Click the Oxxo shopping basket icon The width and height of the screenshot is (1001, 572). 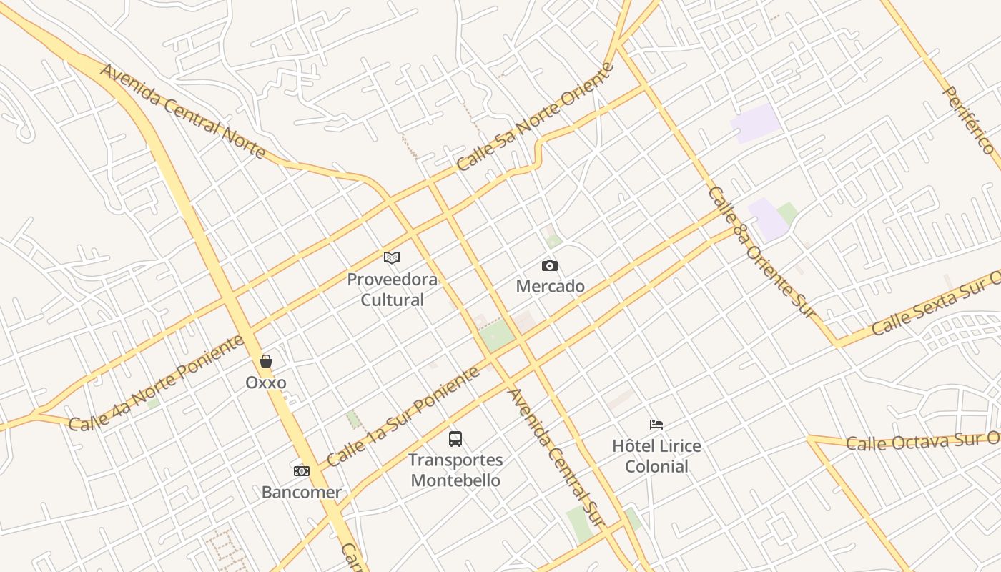pyautogui.click(x=266, y=361)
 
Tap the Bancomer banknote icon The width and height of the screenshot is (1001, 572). pyautogui.click(x=302, y=470)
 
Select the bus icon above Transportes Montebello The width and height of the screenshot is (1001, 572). pyautogui.click(x=455, y=438)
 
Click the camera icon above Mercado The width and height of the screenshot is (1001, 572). pyautogui.click(x=549, y=266)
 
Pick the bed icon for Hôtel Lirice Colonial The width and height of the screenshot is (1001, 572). pyautogui.click(x=656, y=425)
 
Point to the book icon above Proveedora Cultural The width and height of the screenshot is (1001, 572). pyautogui.click(x=392, y=257)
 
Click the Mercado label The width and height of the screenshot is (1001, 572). pyautogui.click(x=551, y=287)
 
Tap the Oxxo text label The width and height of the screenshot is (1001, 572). pyautogui.click(x=266, y=383)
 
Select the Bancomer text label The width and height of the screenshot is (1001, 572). pyautogui.click(x=302, y=492)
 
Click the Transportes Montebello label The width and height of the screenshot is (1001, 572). pyautogui.click(x=455, y=470)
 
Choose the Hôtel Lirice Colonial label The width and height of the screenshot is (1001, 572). pyautogui.click(x=656, y=456)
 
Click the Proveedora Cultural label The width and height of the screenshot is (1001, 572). pyautogui.click(x=392, y=289)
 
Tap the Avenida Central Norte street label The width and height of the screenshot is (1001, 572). pyautogui.click(x=183, y=112)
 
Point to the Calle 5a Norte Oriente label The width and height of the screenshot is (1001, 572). pyautogui.click(x=536, y=117)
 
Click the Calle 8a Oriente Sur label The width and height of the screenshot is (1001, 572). pyautogui.click(x=761, y=252)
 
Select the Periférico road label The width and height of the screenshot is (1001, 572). pyautogui.click(x=969, y=119)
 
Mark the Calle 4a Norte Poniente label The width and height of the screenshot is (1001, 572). pyautogui.click(x=157, y=383)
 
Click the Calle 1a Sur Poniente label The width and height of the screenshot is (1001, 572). pyautogui.click(x=403, y=417)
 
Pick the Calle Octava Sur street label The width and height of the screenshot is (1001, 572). pyautogui.click(x=922, y=441)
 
